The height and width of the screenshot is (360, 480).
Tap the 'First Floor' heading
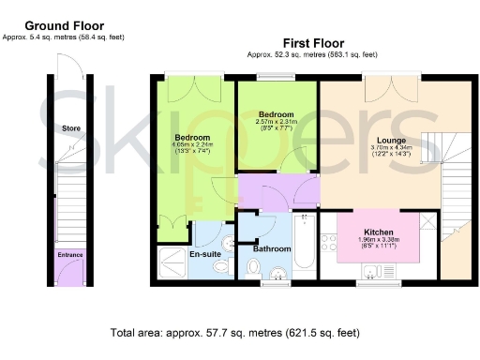[313, 43]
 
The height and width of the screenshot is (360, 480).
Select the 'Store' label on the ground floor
[69, 127]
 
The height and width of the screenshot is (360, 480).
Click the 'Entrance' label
[69, 254]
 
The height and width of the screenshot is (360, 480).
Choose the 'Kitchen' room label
[378, 232]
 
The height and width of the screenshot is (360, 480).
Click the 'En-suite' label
[204, 254]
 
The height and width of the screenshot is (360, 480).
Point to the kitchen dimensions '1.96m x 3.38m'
[378, 239]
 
